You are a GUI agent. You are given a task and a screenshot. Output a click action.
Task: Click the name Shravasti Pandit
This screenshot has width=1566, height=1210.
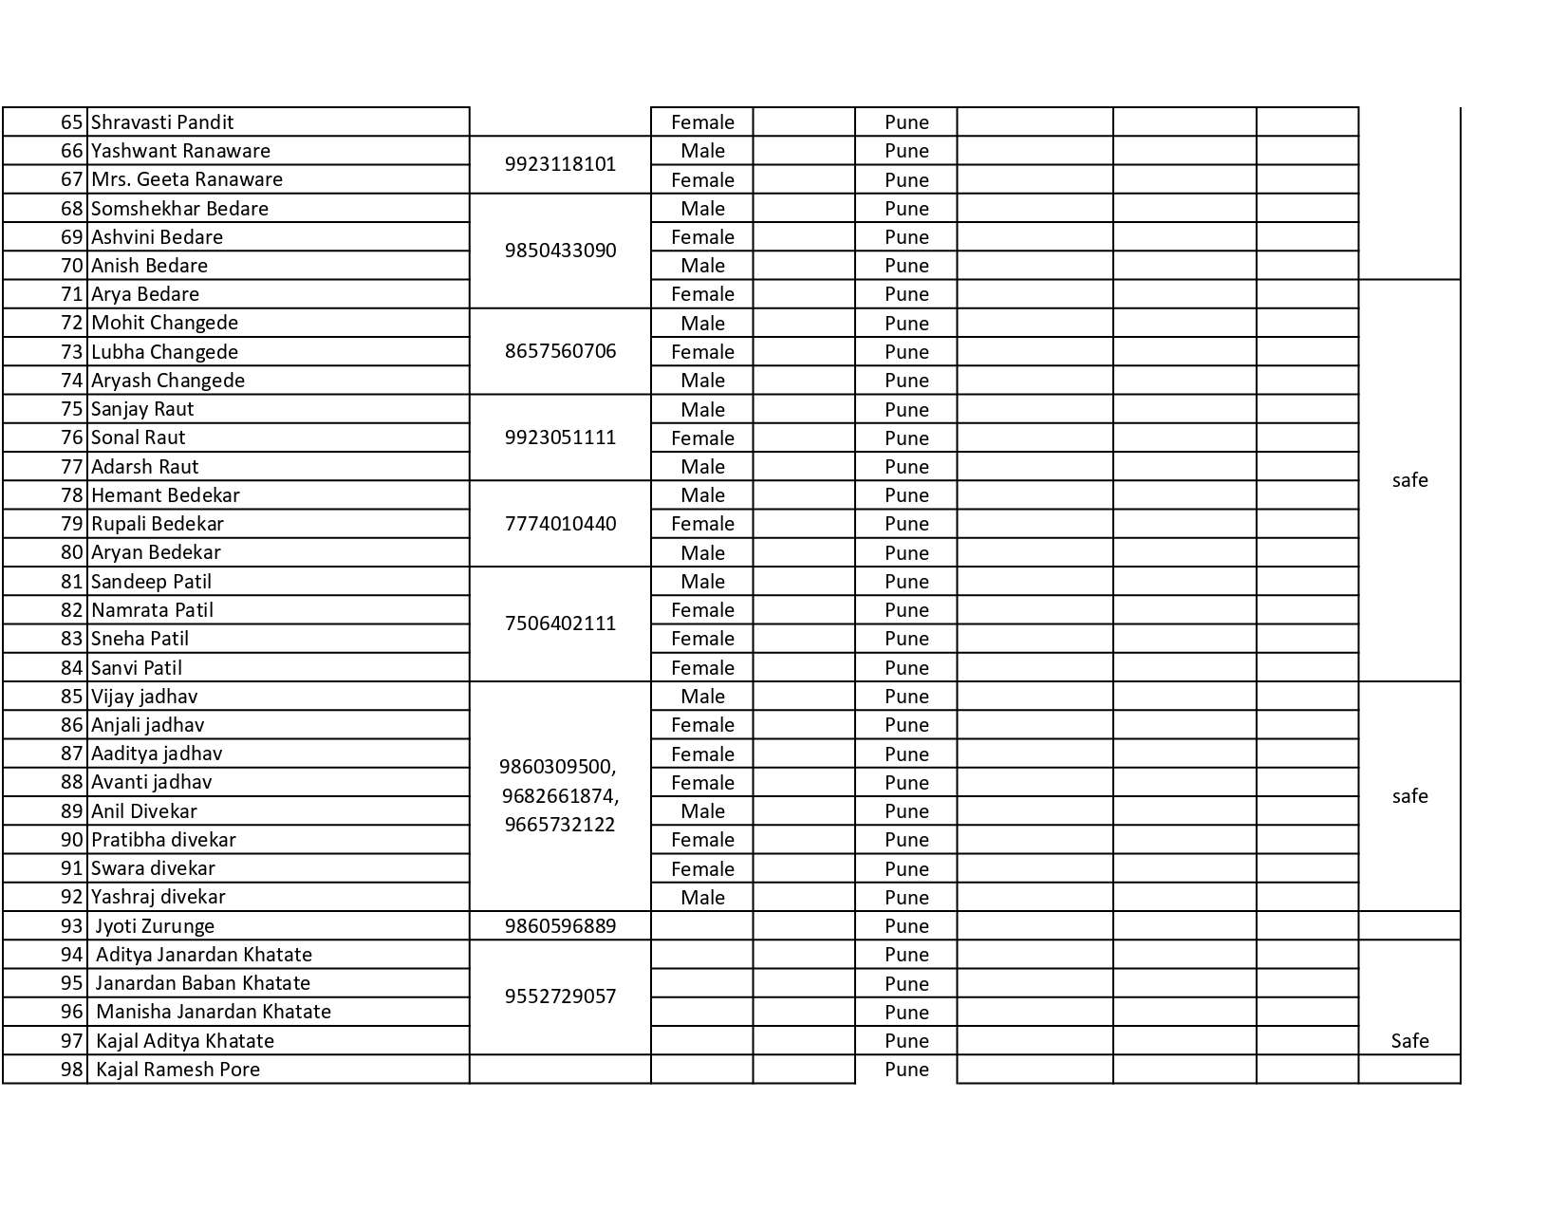[x=161, y=122]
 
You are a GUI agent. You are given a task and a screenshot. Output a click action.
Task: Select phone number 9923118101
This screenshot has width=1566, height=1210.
[x=560, y=164]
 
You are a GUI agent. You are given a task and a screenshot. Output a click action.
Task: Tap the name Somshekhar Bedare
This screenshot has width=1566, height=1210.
[x=179, y=209]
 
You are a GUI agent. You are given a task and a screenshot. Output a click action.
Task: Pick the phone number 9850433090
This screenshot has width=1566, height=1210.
[x=560, y=251]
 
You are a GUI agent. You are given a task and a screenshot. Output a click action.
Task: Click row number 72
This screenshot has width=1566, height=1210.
[x=72, y=323]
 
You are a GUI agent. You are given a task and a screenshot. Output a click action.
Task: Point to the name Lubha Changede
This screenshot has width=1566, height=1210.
[x=164, y=352]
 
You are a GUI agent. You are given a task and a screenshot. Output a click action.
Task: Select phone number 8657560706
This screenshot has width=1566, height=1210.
[x=560, y=351]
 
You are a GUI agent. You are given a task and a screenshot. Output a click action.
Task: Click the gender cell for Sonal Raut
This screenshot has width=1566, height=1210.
[x=702, y=438]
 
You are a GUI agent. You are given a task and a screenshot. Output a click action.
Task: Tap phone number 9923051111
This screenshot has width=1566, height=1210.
[x=560, y=437]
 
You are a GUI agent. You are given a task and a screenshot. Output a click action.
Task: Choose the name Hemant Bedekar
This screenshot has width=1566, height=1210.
[x=165, y=495]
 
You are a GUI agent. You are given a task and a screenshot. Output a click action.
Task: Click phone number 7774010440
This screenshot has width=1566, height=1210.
[x=560, y=524]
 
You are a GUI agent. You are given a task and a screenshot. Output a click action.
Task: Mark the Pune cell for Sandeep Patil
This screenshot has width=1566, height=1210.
[x=906, y=582]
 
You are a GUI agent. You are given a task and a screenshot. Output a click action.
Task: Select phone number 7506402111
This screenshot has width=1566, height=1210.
[x=560, y=624]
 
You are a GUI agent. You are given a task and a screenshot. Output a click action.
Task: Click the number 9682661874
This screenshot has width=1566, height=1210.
[x=560, y=795]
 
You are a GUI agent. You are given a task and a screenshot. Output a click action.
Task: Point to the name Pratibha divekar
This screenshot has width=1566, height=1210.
[x=163, y=840]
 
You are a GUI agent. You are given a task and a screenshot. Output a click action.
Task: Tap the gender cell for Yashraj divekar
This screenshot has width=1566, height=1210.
[x=702, y=898]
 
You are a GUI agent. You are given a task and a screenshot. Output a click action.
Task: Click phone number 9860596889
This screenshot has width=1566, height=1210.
[x=560, y=926]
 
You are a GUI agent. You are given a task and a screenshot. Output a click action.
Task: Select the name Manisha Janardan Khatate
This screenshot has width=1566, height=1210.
[x=214, y=1012]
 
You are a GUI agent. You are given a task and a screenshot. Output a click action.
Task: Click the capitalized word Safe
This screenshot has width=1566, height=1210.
[x=1409, y=1041]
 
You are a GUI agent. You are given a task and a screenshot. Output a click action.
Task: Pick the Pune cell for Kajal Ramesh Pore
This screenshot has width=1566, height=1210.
[x=906, y=1070]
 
